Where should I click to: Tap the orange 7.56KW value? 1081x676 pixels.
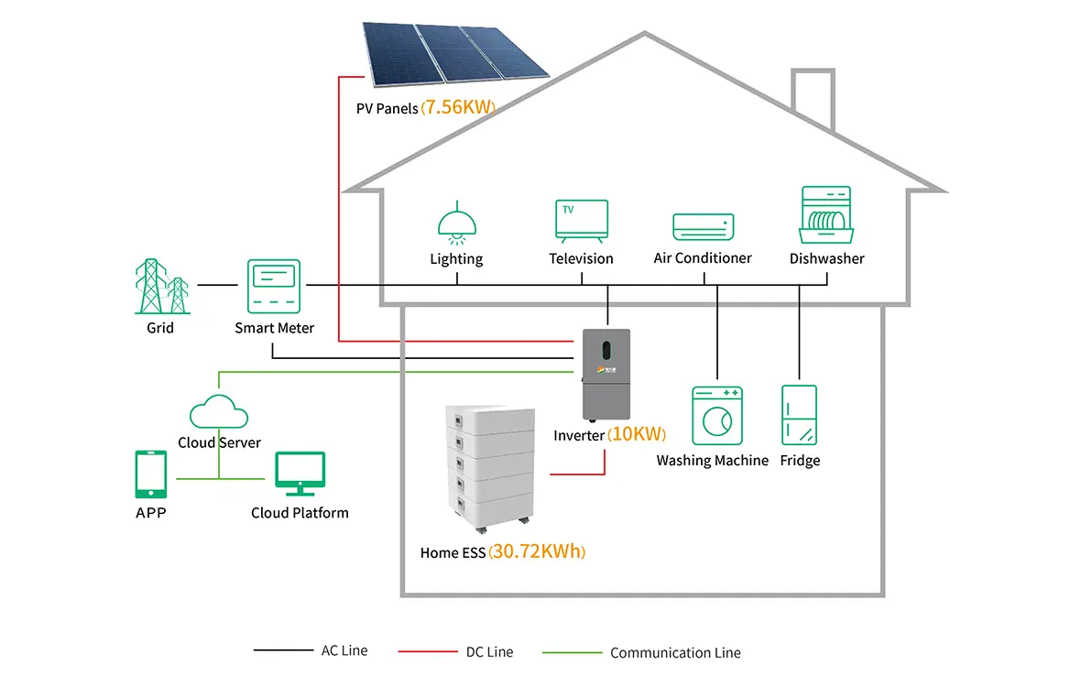click(x=458, y=108)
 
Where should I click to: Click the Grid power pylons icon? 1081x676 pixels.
click(x=161, y=286)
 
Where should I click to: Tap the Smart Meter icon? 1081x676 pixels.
click(x=274, y=286)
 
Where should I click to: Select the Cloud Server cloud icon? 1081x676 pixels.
click(x=219, y=411)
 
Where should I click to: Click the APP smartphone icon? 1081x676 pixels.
click(x=150, y=474)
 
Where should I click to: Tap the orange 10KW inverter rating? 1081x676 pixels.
click(x=637, y=435)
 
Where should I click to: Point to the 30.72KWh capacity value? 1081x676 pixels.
click(x=537, y=552)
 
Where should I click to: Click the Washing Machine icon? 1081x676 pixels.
click(x=715, y=416)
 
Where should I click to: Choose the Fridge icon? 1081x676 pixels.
click(x=799, y=416)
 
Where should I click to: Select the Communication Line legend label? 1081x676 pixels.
click(x=675, y=653)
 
